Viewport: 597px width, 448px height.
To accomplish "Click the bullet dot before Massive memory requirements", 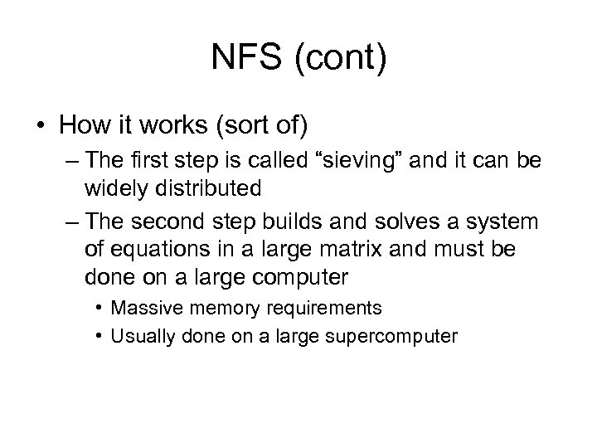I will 99,309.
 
